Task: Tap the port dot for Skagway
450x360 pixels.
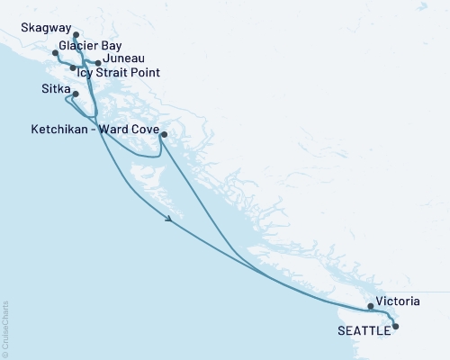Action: [x=76, y=36]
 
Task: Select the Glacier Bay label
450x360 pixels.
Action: [x=91, y=45]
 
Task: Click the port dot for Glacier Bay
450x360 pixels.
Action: [x=56, y=53]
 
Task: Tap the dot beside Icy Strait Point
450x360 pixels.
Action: [x=73, y=68]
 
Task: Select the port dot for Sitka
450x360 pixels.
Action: [x=76, y=94]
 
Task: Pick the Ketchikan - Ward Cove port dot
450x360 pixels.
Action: [x=163, y=136]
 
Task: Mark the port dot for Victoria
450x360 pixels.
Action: [x=371, y=306]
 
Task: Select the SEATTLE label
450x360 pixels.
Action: [x=364, y=330]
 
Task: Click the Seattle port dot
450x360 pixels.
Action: [x=395, y=328]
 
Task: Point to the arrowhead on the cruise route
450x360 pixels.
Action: [x=168, y=219]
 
